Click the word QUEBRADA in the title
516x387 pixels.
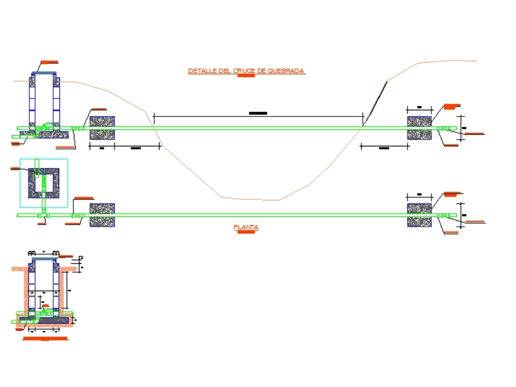287,71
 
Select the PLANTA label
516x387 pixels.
246,227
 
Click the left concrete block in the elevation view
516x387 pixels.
102,128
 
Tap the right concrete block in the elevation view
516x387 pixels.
420,128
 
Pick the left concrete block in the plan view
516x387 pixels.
102,215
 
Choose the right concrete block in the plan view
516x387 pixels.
420,215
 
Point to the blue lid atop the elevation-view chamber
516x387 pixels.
44,74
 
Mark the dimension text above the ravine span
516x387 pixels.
257,112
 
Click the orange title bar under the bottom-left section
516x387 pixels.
45,339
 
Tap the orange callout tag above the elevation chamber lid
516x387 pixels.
49,62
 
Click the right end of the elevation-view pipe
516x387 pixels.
455,128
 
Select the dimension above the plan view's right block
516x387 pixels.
419,194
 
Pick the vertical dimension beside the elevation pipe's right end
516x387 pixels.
463,127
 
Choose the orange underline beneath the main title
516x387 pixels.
246,76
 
